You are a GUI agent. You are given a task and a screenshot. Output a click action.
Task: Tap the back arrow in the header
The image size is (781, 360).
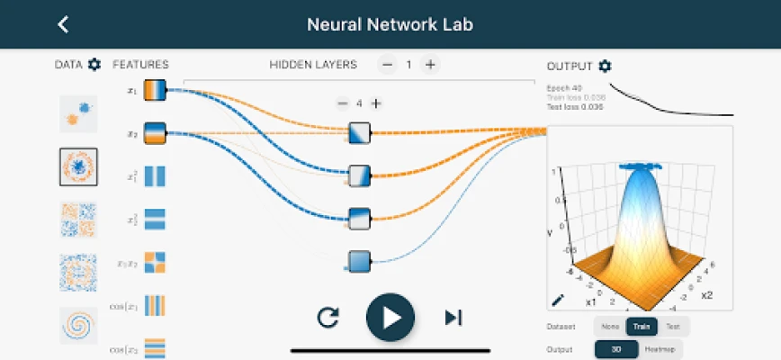63,24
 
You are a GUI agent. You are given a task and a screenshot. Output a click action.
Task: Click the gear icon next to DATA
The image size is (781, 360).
94,64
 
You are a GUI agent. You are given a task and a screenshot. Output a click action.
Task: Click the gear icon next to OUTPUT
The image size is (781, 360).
605,66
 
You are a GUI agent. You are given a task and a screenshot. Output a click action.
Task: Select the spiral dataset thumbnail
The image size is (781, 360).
78,325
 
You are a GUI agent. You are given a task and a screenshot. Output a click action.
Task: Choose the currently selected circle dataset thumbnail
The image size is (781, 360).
78,166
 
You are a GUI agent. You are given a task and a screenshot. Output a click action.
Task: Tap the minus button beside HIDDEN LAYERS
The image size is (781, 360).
387,64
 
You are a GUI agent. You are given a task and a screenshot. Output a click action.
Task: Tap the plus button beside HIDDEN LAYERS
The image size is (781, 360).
431,64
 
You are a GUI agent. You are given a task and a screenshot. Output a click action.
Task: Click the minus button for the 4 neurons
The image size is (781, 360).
342,103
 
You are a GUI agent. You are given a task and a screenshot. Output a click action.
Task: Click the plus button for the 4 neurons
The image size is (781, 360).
376,103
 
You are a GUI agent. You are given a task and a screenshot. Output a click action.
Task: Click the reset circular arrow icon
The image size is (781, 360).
328,317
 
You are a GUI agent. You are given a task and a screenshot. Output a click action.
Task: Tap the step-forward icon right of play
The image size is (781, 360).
453,317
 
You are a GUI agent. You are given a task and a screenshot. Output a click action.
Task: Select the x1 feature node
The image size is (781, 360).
155,90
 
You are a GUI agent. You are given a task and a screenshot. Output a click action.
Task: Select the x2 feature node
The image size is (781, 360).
155,133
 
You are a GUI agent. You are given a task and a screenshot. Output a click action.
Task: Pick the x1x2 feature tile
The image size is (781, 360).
155,262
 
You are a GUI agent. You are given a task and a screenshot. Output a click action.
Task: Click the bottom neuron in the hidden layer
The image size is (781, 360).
360,261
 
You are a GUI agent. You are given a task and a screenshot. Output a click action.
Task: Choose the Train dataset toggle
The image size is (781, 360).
642,327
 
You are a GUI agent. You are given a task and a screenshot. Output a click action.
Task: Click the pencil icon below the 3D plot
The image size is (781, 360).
557,300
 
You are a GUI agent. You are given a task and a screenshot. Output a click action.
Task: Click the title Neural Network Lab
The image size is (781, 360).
390,23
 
